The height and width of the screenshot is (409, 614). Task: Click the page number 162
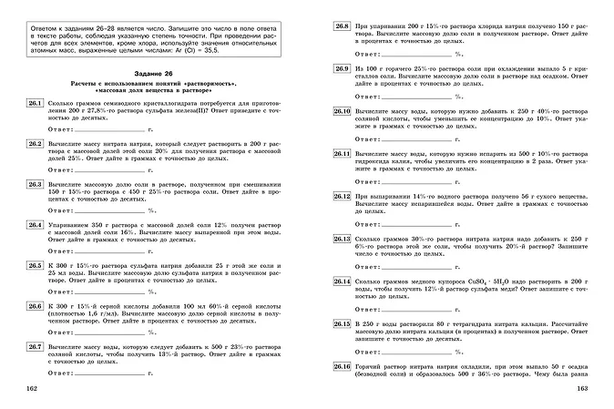click(x=34, y=389)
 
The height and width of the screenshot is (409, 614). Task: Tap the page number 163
click(x=584, y=389)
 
